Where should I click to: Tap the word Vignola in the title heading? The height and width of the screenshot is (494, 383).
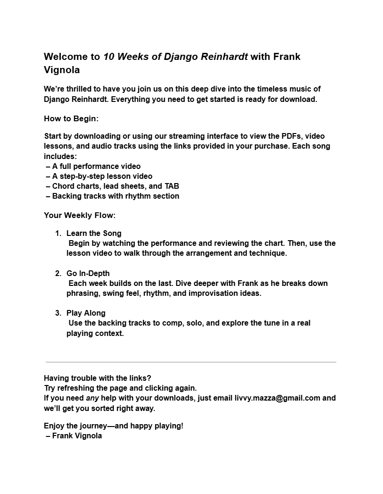click(x=62, y=70)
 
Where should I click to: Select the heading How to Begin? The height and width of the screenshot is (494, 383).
click(x=71, y=118)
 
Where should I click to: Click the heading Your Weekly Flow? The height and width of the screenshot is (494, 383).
click(x=80, y=215)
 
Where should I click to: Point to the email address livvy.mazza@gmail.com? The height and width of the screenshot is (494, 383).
click(x=277, y=398)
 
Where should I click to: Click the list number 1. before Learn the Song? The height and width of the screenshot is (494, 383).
click(x=58, y=233)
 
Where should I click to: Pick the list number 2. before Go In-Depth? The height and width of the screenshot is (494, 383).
click(x=58, y=273)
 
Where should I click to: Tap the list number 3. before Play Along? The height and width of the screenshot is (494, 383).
click(x=58, y=313)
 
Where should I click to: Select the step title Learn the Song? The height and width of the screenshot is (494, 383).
click(x=94, y=233)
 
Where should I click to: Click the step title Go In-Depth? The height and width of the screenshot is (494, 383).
click(x=88, y=273)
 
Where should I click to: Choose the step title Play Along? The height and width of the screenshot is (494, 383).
click(x=86, y=313)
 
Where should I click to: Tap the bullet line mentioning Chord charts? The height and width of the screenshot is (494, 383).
click(x=113, y=186)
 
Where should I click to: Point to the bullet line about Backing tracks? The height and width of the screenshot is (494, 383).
click(x=113, y=196)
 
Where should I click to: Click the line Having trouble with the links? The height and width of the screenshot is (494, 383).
click(x=98, y=378)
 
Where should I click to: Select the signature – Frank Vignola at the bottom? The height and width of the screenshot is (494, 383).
click(x=74, y=435)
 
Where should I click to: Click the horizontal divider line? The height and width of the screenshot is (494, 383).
click(x=191, y=362)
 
